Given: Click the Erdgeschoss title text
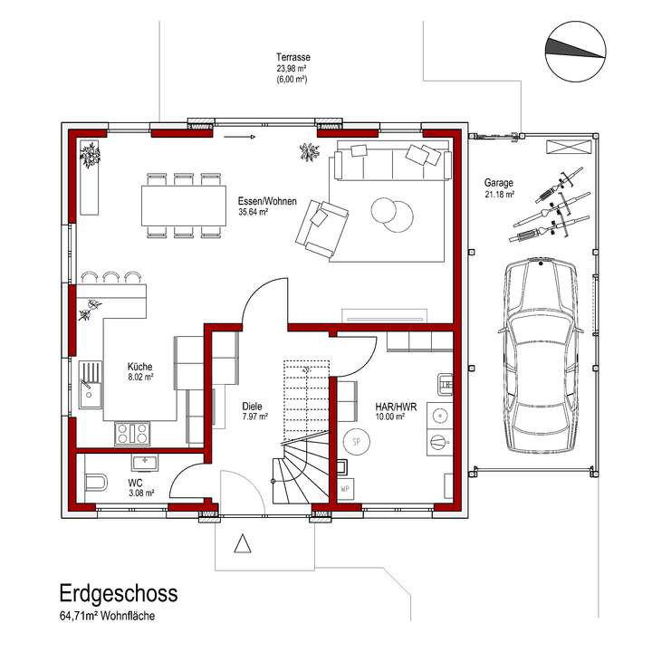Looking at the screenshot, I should [119, 593].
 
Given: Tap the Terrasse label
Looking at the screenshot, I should [292, 56].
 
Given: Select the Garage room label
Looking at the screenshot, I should [499, 181].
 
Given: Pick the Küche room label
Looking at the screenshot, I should [140, 366].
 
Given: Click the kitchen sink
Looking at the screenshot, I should [91, 380].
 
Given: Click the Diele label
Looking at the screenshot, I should [254, 407].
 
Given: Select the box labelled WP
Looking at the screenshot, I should [345, 489].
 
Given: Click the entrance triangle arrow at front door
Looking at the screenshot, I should [242, 543].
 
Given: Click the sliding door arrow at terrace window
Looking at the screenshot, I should [237, 138].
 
